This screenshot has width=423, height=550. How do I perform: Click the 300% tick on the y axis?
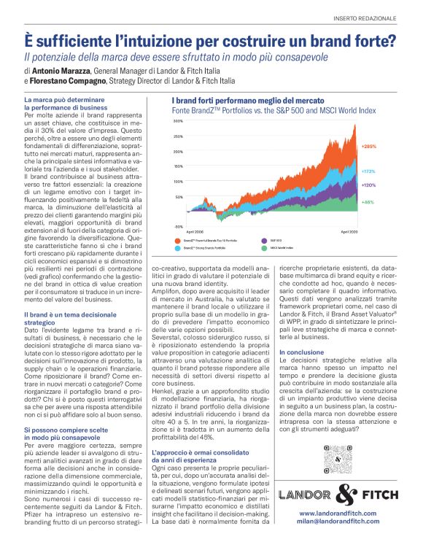pos(178,121)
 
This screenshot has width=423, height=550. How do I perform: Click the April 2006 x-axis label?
pos(194,231)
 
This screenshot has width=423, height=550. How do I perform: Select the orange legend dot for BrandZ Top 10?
pos(176,239)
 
